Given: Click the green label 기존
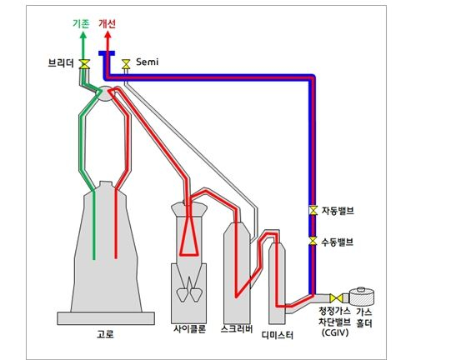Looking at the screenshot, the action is tap(81, 23).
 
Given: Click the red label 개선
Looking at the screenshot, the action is tap(108, 23).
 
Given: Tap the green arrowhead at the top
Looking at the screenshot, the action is tap(83, 35).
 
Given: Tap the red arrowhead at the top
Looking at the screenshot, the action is tap(108, 35).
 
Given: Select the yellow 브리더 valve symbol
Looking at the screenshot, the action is tap(84, 64).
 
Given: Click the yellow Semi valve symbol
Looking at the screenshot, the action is tap(126, 64).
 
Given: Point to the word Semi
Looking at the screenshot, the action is tap(148, 62).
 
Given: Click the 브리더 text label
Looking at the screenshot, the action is tap(61, 63).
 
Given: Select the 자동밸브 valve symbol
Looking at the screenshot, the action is tap(313, 210).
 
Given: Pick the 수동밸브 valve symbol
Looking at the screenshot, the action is tap(313, 241).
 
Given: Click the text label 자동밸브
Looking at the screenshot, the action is tap(338, 211).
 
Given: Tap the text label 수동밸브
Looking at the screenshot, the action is tap(338, 242).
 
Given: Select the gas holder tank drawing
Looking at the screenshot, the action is tap(361, 297).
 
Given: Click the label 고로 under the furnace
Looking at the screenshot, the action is tap(105, 334).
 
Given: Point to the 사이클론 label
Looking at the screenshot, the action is tap(190, 329).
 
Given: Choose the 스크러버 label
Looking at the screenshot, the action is tap(237, 329).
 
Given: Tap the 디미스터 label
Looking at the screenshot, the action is tap(278, 335).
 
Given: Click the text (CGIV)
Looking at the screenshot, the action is tap(335, 332).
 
